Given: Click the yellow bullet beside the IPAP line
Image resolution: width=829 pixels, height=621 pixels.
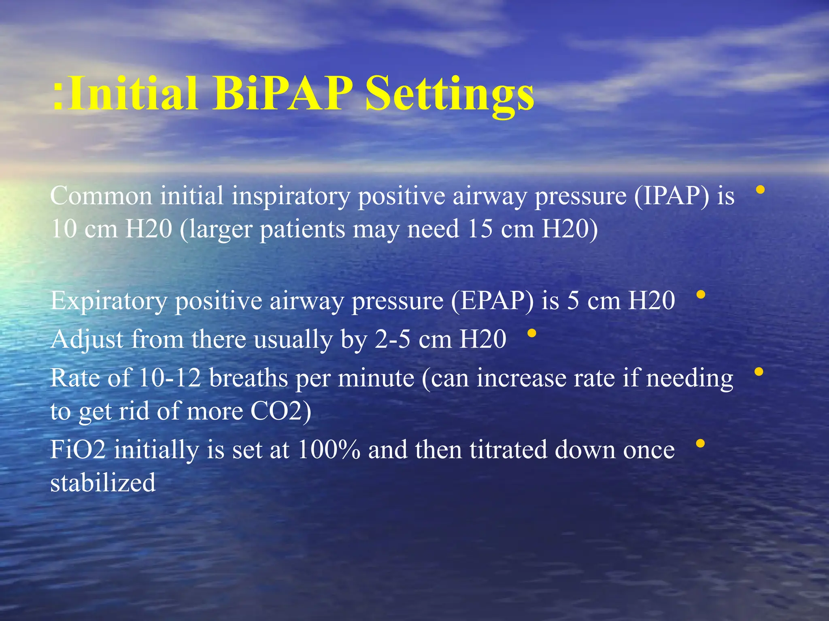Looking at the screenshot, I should coord(760,189).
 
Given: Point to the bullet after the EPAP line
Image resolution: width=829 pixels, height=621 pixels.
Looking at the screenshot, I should coord(701,295).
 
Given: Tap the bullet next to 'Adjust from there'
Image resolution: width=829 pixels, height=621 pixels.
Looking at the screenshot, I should coord(532,333).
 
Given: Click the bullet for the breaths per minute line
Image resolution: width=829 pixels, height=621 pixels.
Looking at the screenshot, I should coord(759,372).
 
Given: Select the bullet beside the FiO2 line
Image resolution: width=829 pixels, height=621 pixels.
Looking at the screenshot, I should coord(700,444).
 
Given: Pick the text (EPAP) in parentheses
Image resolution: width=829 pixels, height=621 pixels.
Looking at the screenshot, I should coord(492,301).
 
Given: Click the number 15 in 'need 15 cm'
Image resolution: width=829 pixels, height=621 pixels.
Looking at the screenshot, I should coord(480,229).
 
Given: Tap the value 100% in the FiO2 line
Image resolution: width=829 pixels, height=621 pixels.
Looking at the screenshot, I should coord(329,450).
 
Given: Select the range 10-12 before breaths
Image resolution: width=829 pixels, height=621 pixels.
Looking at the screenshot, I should coord(170,378).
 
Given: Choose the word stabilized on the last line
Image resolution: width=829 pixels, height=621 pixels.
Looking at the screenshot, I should coord(103,483).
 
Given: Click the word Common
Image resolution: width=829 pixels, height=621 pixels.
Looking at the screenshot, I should coord(101,196).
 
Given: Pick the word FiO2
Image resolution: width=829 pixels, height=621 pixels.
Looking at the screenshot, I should coord(78,450).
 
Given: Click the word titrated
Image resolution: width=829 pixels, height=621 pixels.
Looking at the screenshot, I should coord(508,450).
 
